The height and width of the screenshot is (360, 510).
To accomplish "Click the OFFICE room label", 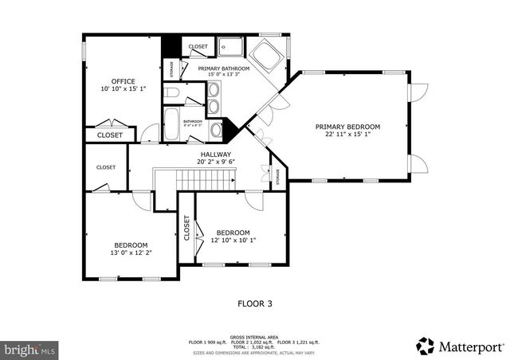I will point(123,81).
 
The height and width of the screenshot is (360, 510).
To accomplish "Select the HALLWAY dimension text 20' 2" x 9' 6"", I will point(215,162).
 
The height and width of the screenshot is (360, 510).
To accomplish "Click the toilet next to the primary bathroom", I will point(173,95).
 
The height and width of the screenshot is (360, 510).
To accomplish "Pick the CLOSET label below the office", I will point(110,135).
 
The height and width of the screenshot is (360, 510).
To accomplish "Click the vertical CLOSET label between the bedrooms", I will point(186,229).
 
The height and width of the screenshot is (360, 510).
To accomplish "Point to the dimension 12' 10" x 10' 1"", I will point(233,241).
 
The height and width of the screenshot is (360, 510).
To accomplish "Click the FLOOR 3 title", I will point(255,303).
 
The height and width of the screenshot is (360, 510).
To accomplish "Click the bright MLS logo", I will point(29,349).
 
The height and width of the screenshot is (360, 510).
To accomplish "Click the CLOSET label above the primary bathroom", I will point(198,47).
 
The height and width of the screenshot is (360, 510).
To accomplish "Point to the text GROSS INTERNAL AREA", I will point(255,337).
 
